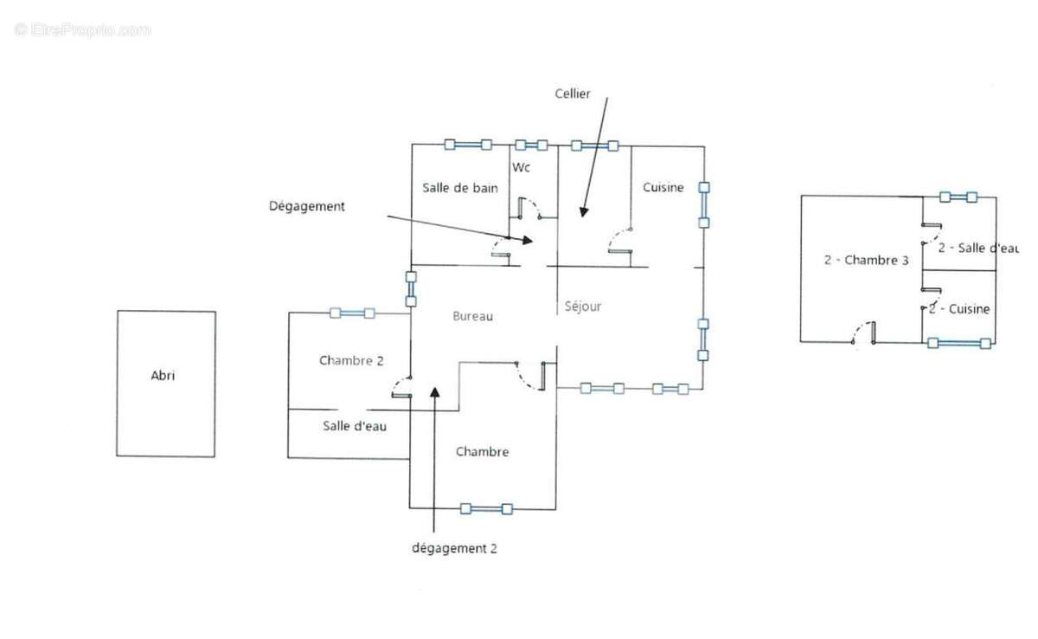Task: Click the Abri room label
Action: click(x=163, y=375)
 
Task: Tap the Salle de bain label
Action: click(x=460, y=188)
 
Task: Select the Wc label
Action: click(x=521, y=167)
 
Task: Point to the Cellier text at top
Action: click(x=573, y=94)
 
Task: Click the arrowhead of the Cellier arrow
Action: click(x=583, y=212)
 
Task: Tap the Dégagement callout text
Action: click(x=307, y=206)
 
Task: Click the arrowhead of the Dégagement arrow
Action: click(x=528, y=240)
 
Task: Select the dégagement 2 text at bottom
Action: click(x=454, y=549)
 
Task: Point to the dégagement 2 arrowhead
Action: click(x=434, y=392)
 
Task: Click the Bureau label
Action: click(x=472, y=316)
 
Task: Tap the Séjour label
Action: click(x=582, y=307)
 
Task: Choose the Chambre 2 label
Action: click(x=351, y=360)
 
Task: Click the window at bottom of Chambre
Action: click(x=486, y=509)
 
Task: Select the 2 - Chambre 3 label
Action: click(x=866, y=260)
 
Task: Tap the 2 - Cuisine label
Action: click(x=959, y=309)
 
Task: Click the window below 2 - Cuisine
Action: click(x=959, y=343)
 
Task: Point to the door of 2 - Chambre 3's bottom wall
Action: click(x=863, y=333)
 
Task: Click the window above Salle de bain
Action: click(x=468, y=145)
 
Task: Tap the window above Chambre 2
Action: click(x=352, y=313)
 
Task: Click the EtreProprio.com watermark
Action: click(x=82, y=30)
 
